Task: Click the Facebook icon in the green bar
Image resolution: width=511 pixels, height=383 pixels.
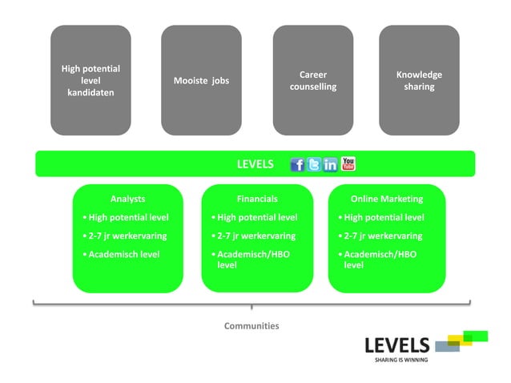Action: (297, 164)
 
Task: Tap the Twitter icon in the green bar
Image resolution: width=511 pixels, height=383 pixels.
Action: (314, 164)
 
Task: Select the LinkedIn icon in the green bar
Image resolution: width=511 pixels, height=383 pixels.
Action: (331, 164)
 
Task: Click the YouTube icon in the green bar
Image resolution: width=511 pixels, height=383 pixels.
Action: (348, 163)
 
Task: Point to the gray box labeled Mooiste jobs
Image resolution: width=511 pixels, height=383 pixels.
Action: (201, 80)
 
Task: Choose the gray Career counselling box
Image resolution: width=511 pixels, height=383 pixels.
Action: (313, 80)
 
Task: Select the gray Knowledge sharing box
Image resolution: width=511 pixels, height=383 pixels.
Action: (419, 80)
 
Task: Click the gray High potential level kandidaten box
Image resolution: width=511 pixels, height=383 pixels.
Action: (91, 80)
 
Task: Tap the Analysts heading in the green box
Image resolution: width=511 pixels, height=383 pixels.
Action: (128, 199)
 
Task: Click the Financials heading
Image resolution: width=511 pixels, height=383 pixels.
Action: (257, 199)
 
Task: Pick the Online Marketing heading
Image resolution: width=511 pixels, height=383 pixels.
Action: (387, 199)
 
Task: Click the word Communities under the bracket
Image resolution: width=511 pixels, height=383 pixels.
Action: (251, 326)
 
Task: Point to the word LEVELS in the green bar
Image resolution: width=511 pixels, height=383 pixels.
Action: (255, 164)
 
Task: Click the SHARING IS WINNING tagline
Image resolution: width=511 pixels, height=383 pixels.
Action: (401, 361)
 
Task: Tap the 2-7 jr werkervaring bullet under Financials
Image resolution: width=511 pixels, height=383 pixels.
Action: (255, 236)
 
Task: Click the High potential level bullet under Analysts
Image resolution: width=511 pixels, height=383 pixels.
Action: (127, 217)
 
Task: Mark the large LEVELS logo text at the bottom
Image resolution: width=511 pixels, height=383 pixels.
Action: (396, 345)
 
